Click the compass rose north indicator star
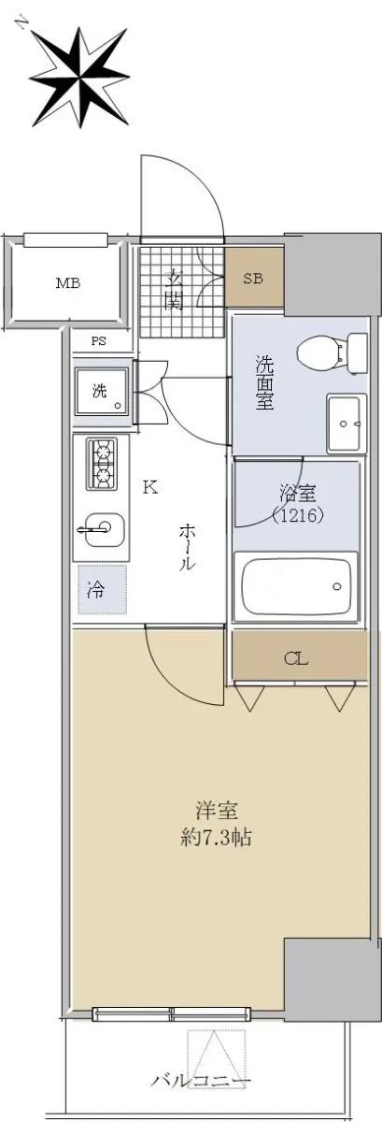79,78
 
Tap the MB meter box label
68,283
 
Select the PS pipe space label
99,341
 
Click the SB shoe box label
253,279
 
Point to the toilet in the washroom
332,352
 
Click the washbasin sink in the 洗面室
344,423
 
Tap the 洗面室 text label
265,382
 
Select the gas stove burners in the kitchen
102,465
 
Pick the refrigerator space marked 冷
102,590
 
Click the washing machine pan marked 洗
102,392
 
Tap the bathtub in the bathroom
296,585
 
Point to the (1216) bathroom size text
298,514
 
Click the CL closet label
296,658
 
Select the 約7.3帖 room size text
216,837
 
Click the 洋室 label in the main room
217,811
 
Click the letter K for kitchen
150,487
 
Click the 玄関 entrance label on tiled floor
174,290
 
